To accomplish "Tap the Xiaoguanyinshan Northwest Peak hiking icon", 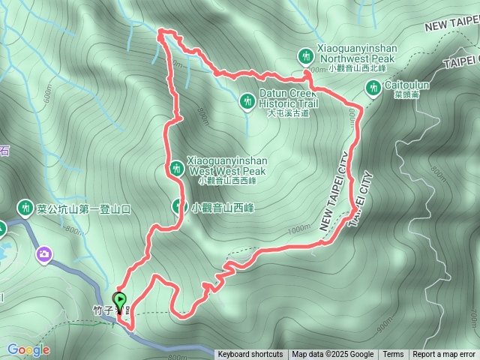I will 305,55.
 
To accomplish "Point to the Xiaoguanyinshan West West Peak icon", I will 175,169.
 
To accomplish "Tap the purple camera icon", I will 45,255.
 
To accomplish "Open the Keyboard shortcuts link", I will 250,355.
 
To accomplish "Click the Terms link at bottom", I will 393,355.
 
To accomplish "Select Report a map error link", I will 444,355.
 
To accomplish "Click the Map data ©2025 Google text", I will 333,355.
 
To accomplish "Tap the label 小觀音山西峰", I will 222,208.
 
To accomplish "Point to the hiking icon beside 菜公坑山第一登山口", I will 25,208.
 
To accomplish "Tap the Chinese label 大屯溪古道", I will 288,114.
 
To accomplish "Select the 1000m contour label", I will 298,229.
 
